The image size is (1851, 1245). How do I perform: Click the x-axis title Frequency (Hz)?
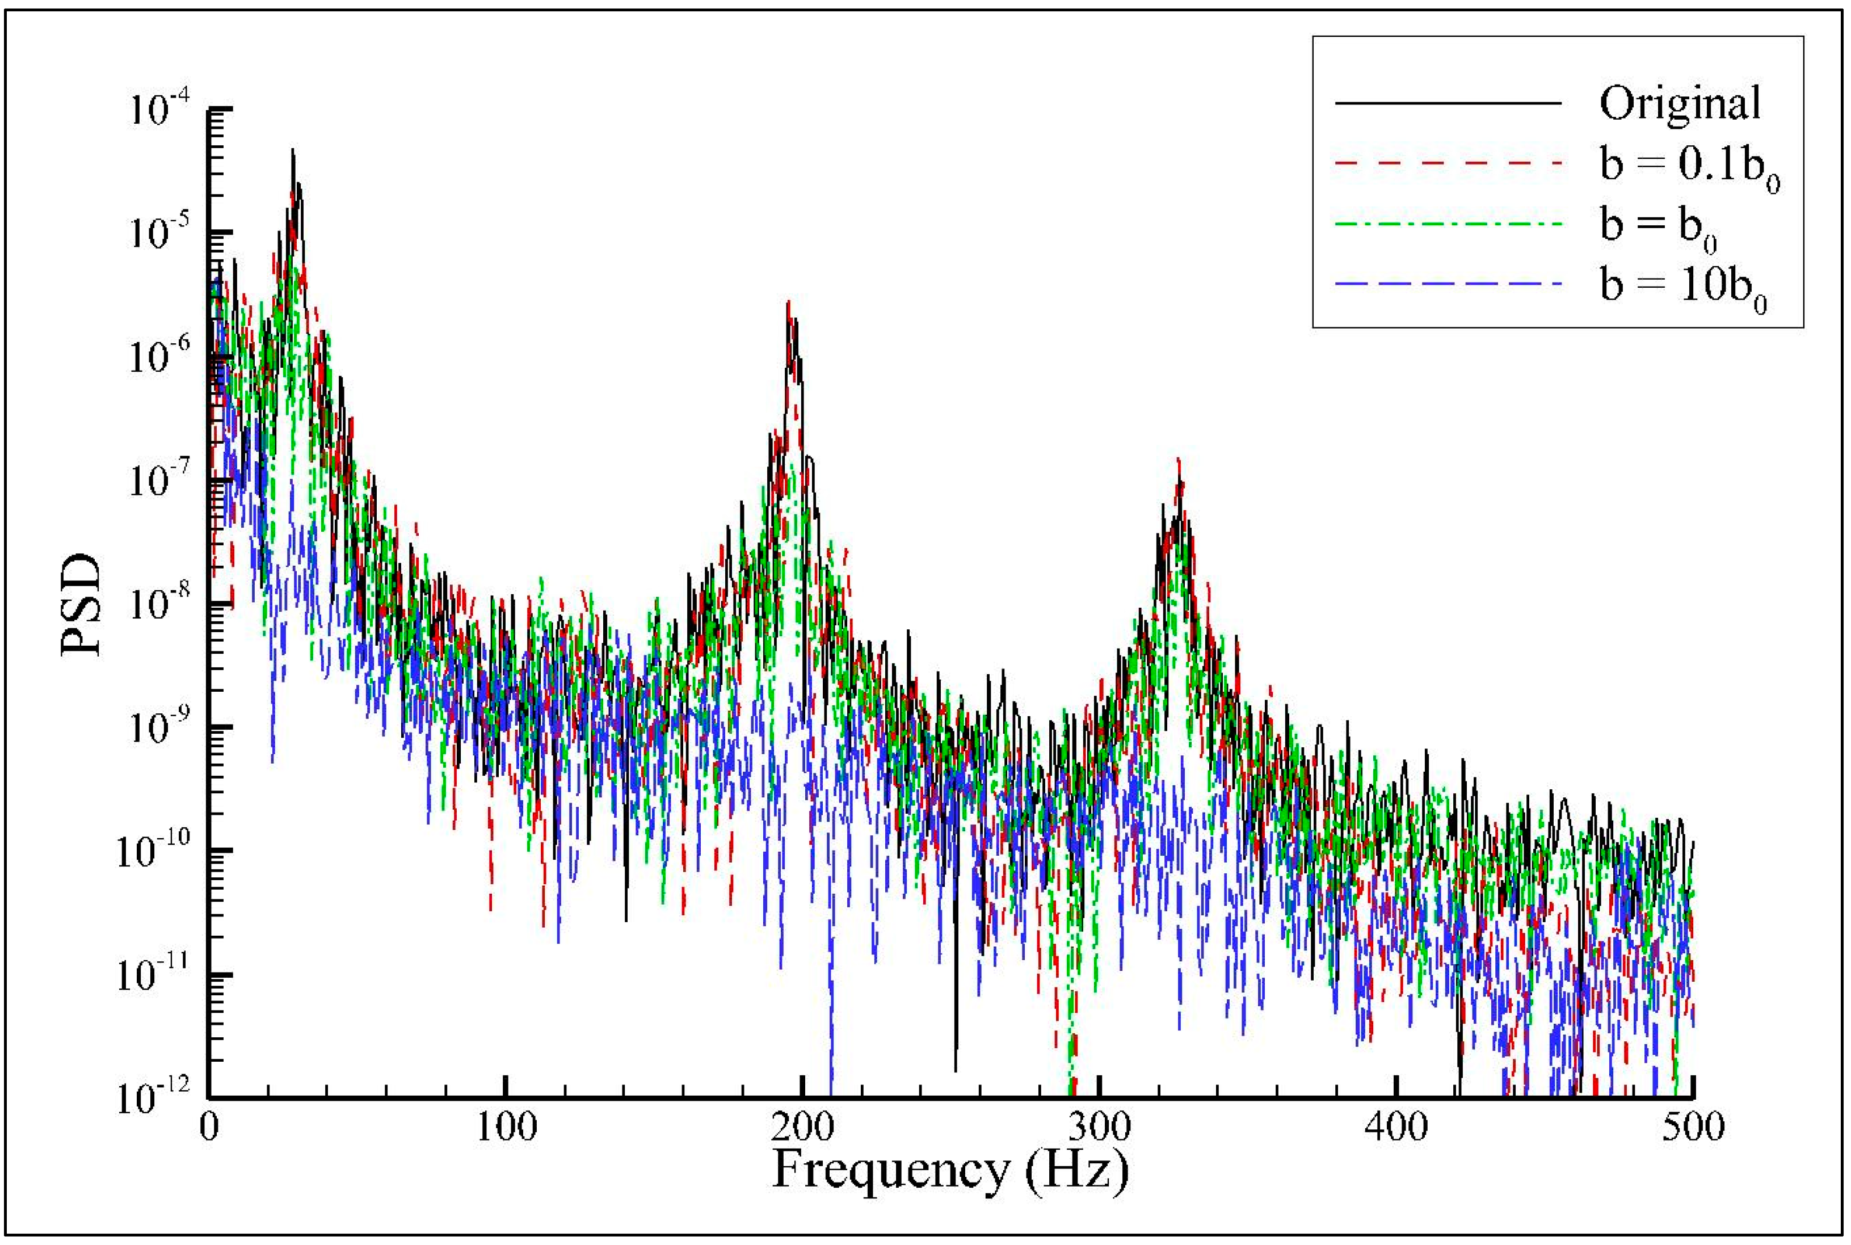[x=950, y=1170]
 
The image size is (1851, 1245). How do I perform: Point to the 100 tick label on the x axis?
[x=506, y=1126]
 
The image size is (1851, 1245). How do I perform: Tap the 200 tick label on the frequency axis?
[x=802, y=1126]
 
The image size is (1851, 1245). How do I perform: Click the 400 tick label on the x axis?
[x=1396, y=1126]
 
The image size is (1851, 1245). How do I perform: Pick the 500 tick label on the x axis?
[x=1693, y=1126]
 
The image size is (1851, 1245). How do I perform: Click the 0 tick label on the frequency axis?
[x=209, y=1126]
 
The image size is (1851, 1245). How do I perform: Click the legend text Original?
[x=1680, y=103]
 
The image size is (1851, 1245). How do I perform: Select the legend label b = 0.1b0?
[x=1689, y=167]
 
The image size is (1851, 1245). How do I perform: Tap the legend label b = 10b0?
[x=1682, y=288]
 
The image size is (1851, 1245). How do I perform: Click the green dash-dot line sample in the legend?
[x=1449, y=224]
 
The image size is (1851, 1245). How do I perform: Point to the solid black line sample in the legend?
[x=1449, y=103]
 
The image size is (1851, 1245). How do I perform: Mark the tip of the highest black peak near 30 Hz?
[x=292, y=149]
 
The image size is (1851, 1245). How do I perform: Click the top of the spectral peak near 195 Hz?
[x=788, y=302]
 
